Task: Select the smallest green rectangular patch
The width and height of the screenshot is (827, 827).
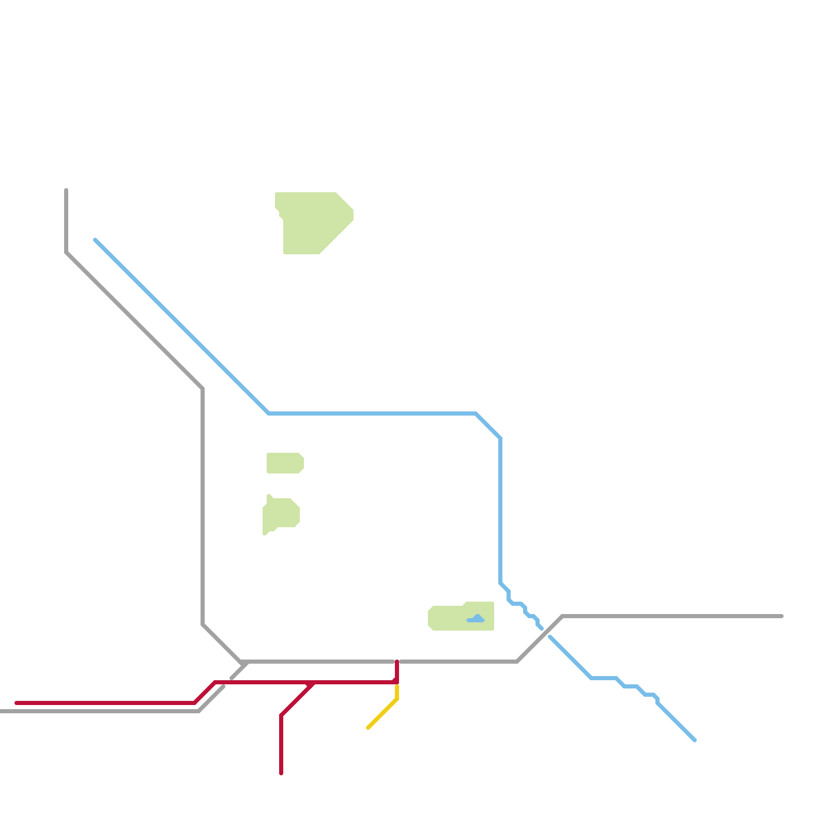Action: coord(284,463)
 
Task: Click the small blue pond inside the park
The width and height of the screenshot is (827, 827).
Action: coord(476,619)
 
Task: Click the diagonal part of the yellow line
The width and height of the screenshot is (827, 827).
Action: coord(382,714)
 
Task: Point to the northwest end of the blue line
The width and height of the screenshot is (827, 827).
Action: coord(96,240)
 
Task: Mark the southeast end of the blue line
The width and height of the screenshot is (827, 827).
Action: coord(695,740)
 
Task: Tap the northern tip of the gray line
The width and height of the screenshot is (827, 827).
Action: coord(66,190)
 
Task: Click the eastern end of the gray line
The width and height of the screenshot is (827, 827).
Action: coord(782,616)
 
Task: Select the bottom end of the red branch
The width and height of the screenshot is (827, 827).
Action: coord(281,773)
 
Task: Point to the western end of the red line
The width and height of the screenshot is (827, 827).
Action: coord(17,703)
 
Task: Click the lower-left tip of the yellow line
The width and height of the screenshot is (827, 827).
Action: coord(368,728)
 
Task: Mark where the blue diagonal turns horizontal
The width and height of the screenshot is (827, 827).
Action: coord(269,413)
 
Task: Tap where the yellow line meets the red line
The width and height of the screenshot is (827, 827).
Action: coord(397,683)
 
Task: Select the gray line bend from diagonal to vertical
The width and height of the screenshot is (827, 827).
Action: coord(203,389)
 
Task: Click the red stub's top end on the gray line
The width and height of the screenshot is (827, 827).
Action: coord(397,662)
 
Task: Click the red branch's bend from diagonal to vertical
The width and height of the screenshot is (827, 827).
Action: coord(281,715)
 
